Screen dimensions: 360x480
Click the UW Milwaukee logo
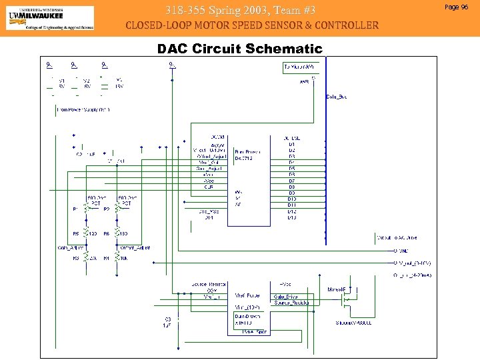click(x=50, y=18)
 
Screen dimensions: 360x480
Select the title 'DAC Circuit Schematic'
click(x=239, y=49)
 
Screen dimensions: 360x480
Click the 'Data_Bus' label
click(x=337, y=97)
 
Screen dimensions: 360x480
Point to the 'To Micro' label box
click(x=299, y=67)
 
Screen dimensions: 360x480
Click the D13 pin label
click(x=292, y=217)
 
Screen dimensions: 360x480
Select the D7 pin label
click(x=292, y=181)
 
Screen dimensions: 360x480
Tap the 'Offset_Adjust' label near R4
click(x=135, y=247)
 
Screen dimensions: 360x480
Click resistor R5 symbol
click(x=85, y=234)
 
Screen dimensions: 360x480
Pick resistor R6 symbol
click(x=117, y=234)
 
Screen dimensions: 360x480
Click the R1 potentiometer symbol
click(x=85, y=209)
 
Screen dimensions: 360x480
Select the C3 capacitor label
click(x=168, y=319)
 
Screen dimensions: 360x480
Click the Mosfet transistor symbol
click(x=346, y=301)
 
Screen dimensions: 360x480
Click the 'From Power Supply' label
click(x=83, y=109)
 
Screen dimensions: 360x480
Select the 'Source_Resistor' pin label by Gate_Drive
click(x=291, y=303)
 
